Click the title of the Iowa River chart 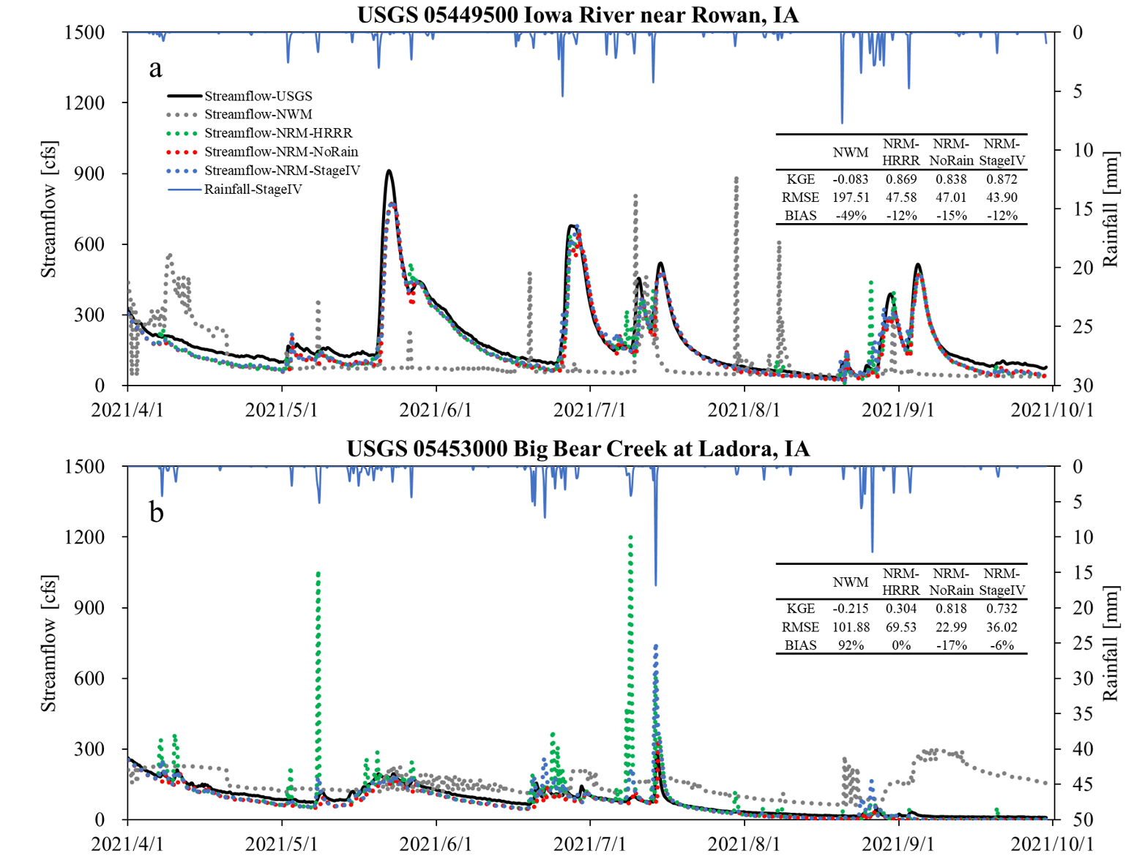pos(578,15)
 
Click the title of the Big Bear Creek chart pos(578,448)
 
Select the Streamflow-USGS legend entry pos(258,96)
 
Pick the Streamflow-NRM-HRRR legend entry pos(277,133)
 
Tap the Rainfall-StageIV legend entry pos(253,189)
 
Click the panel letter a pos(155,68)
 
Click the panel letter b pos(156,512)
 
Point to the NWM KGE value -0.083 pos(850,179)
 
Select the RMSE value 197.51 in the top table pos(850,198)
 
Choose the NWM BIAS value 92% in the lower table pos(850,645)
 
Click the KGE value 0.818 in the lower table pos(951,609)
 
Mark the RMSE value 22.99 pos(951,627)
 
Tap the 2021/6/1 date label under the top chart pos(436,410)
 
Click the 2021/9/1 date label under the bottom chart pos(898,844)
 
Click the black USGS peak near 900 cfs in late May pos(389,171)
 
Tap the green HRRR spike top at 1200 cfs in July pos(630,537)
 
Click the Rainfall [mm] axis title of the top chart pos(1111,209)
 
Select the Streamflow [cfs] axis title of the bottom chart pos(49,642)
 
